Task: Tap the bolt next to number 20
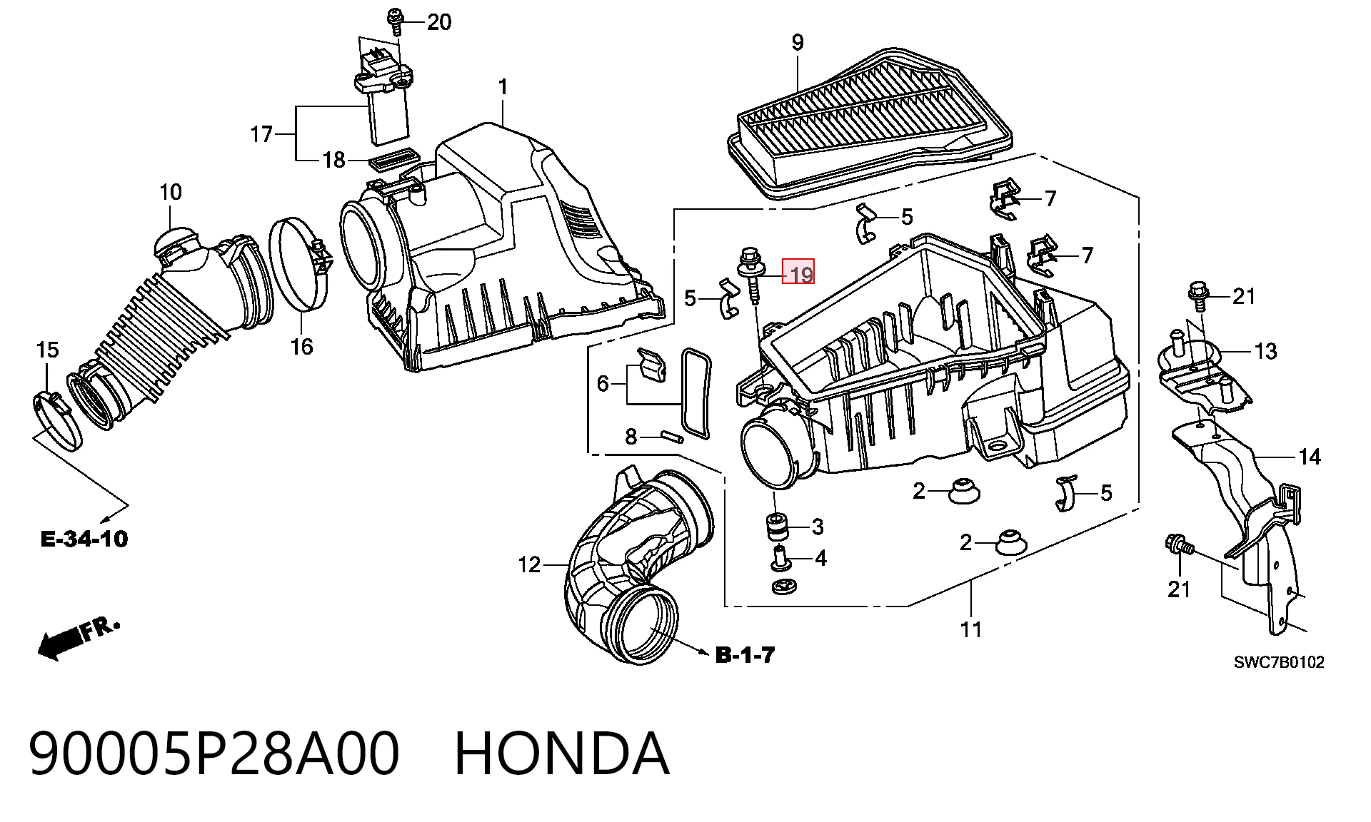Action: click(x=394, y=21)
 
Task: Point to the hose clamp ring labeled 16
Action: click(x=300, y=265)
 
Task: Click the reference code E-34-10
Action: click(x=84, y=539)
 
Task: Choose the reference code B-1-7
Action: click(x=745, y=654)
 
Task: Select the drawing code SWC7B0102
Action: click(x=1279, y=662)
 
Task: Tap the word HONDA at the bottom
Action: click(x=562, y=753)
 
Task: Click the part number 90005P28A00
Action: click(x=214, y=753)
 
